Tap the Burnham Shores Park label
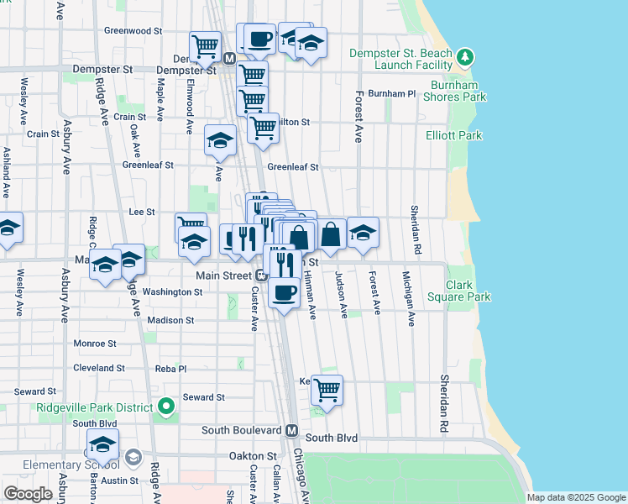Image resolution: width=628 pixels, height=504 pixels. [458, 91]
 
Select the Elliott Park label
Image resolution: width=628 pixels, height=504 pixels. [453, 135]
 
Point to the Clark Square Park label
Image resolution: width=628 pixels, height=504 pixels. [468, 291]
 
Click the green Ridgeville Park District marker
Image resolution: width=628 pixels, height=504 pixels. [166, 407]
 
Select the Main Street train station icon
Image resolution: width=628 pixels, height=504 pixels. [261, 275]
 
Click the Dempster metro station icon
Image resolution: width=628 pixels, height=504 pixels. [229, 58]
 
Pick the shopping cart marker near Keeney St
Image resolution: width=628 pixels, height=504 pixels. [326, 390]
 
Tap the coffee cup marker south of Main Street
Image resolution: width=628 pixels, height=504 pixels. [284, 293]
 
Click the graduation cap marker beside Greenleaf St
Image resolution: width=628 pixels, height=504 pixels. [220, 140]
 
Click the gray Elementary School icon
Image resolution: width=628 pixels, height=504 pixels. [133, 457]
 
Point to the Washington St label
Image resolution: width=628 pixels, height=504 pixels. [172, 292]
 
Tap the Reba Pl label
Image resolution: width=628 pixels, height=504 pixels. [170, 368]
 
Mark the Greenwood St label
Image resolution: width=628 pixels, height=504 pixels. [133, 30]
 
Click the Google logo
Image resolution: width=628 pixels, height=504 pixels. [28, 494]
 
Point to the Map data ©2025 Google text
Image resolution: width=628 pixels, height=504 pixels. [575, 497]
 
